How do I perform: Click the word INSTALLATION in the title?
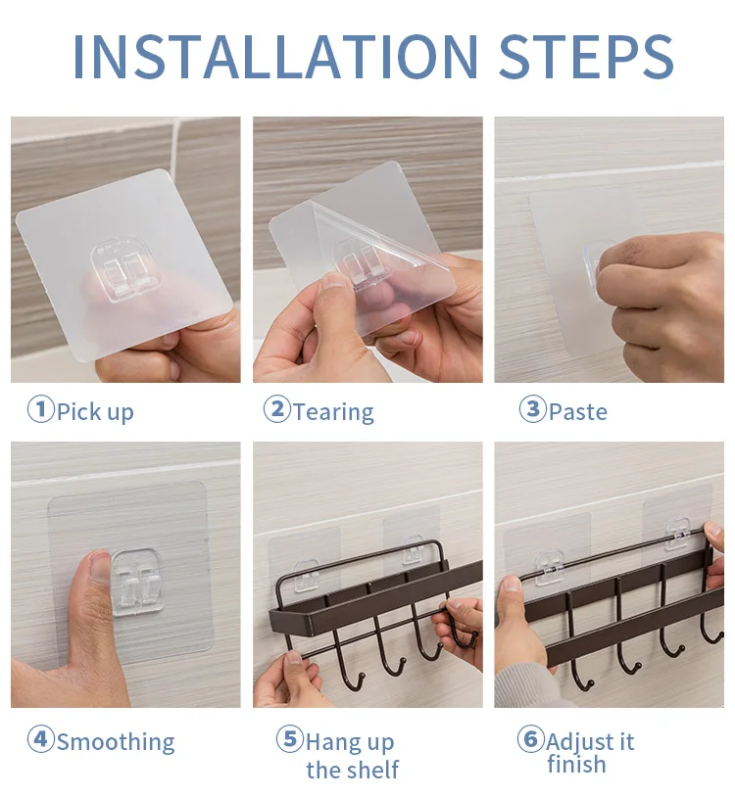275,56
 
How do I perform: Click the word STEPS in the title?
586,56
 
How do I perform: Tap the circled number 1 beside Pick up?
40,409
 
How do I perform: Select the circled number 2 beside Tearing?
276,409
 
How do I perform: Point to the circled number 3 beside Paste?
532,409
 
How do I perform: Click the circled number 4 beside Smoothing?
40,739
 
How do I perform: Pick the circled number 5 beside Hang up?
289,739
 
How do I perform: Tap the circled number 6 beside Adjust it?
531,739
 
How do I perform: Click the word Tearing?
333,412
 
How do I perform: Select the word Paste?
578,411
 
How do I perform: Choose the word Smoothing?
116,742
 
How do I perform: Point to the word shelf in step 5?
371,770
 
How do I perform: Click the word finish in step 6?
576,764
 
